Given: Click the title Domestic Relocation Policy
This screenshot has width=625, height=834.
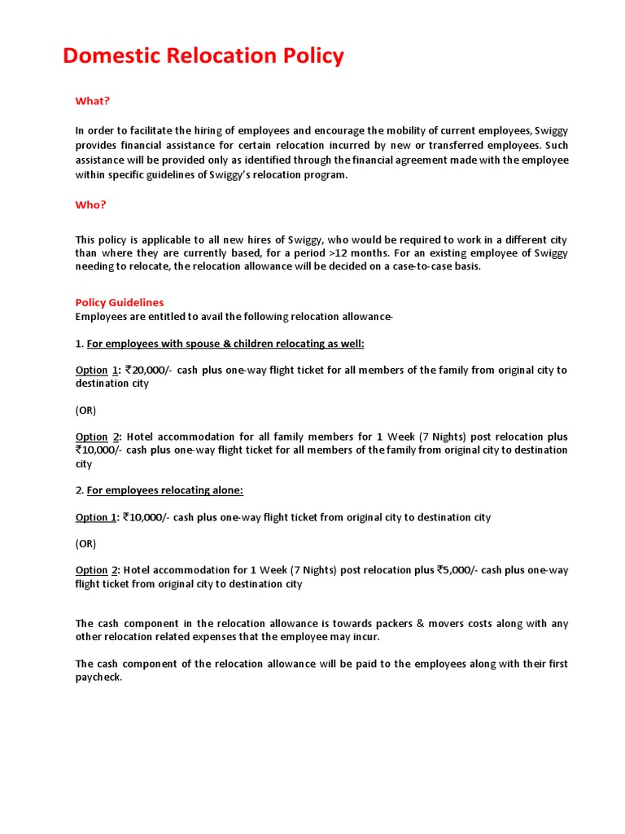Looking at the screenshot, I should pos(203,56).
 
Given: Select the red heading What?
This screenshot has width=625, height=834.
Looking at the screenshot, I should pos(92,101).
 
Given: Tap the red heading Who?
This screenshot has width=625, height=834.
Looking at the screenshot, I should pos(90,205).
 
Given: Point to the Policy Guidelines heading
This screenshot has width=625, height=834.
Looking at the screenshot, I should pos(120,302).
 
